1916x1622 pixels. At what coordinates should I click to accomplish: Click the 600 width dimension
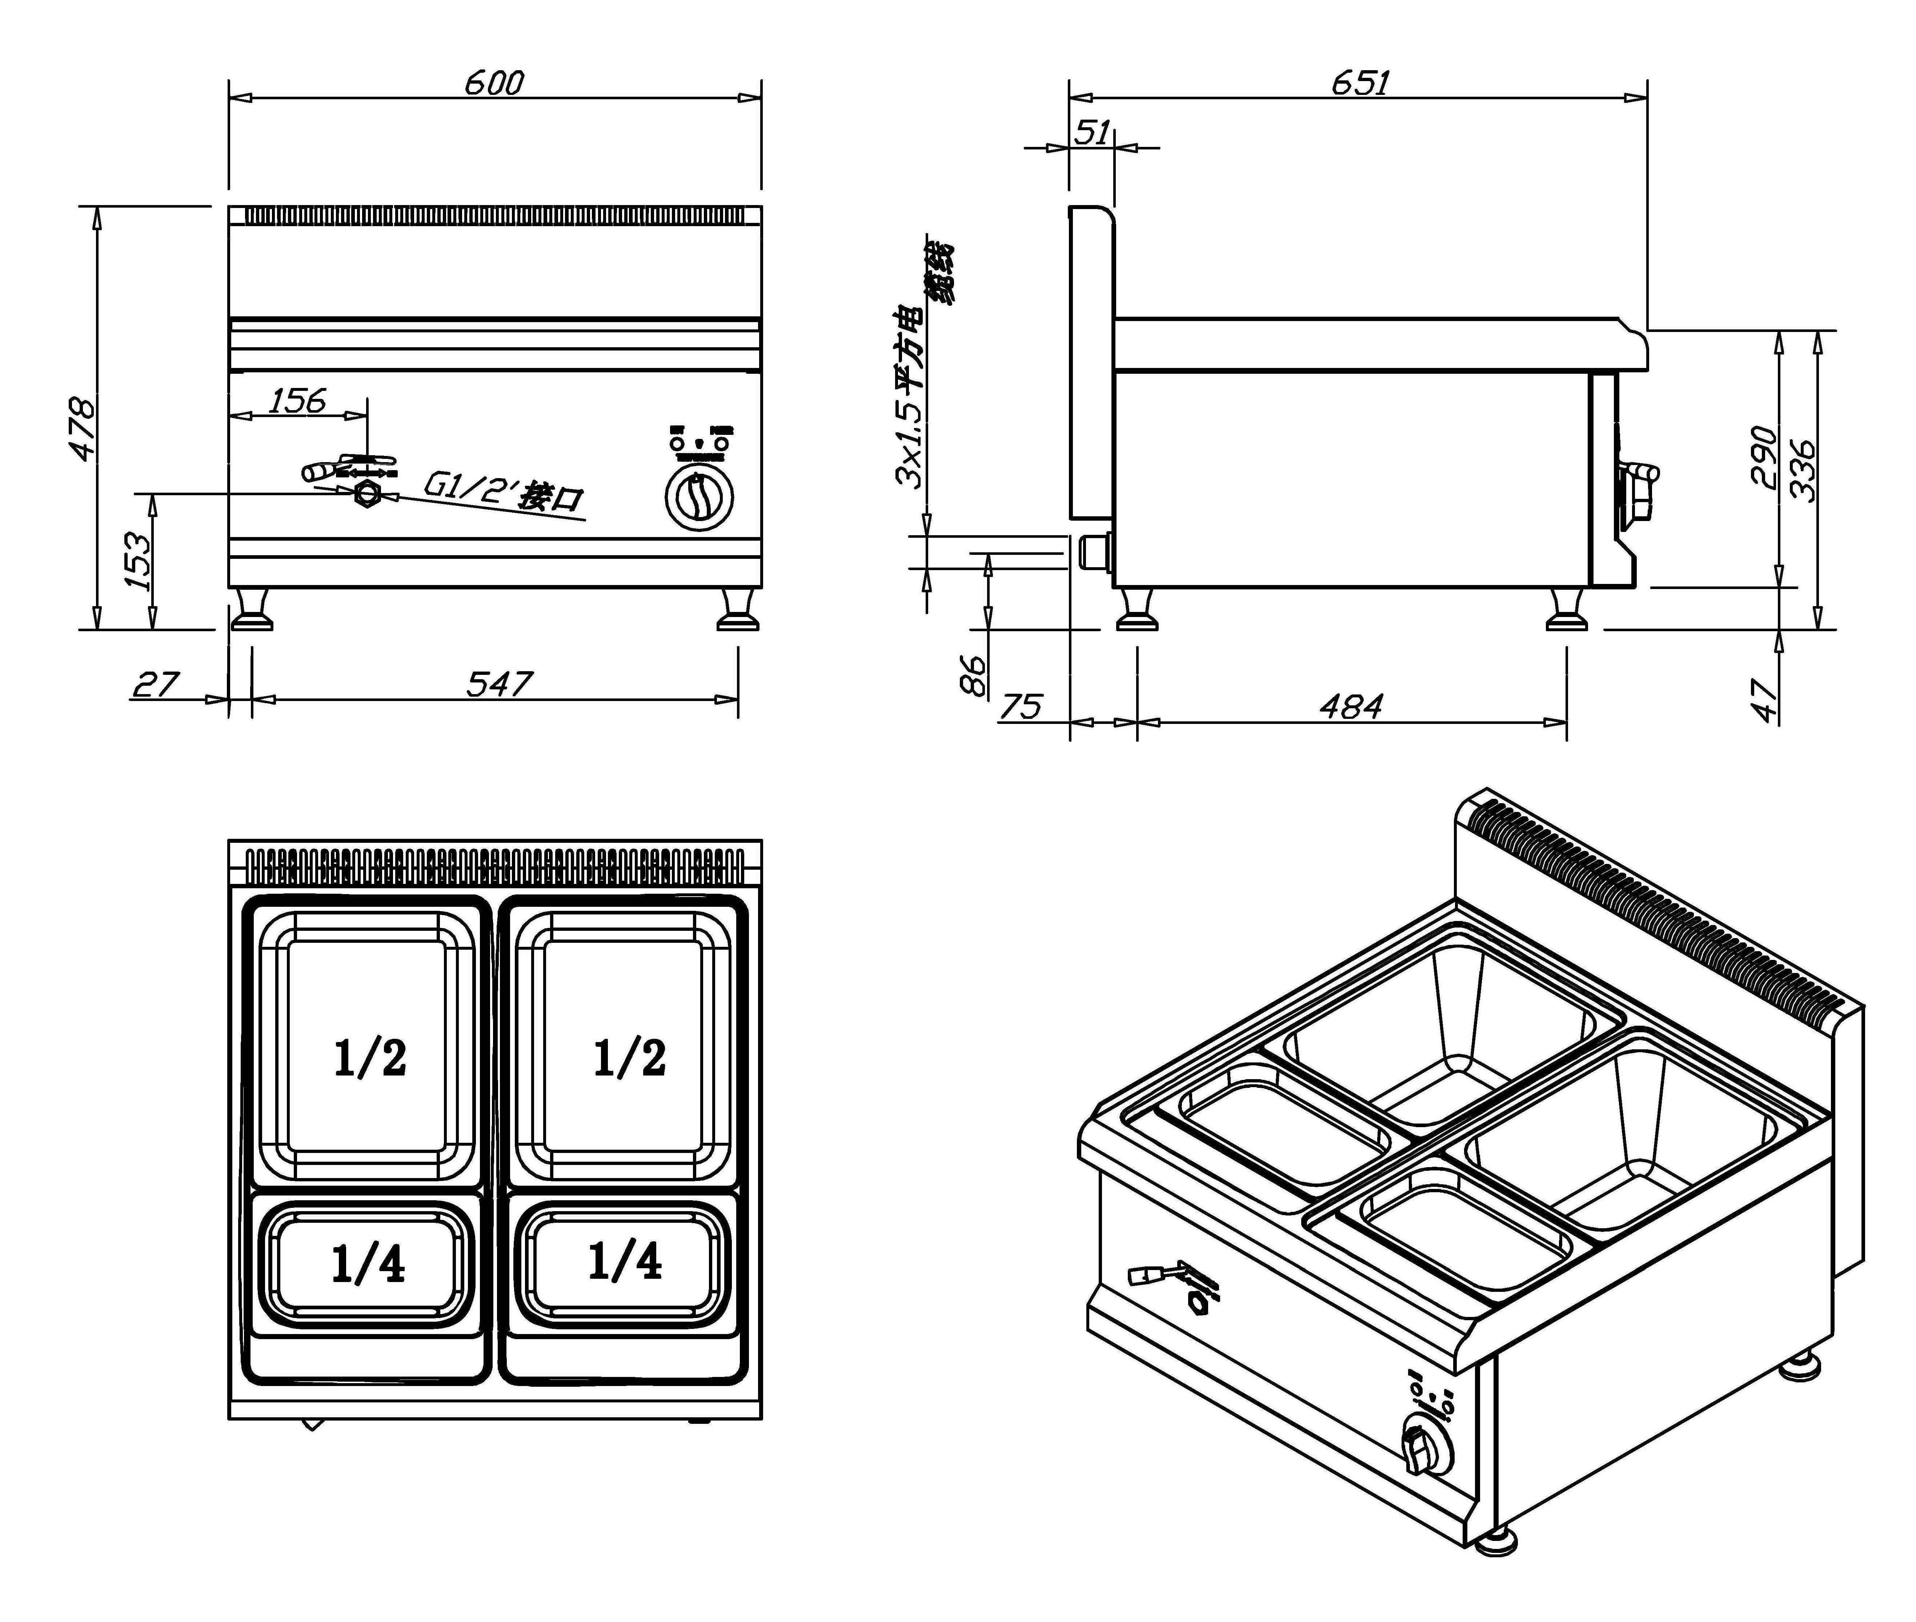(494, 83)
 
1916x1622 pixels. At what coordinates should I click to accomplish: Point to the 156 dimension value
(297, 401)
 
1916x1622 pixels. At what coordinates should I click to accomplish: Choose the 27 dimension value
(156, 684)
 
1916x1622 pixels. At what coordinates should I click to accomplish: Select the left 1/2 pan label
(370, 1058)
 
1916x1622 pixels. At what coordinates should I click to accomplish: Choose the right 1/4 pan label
(625, 1262)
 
